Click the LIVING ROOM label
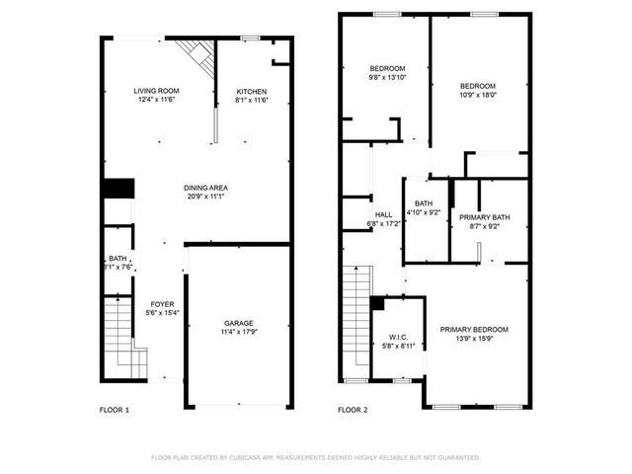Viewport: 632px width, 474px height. (x=155, y=91)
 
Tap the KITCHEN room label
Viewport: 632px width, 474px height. (x=251, y=91)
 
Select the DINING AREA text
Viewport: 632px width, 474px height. (x=206, y=188)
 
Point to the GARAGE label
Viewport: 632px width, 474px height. (x=238, y=323)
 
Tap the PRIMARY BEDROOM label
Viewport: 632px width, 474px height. (x=474, y=329)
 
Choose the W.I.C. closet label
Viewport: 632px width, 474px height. (x=398, y=336)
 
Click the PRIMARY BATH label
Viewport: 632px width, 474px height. (x=487, y=217)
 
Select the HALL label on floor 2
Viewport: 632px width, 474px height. (x=384, y=214)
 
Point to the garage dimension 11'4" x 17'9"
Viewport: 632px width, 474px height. (x=238, y=332)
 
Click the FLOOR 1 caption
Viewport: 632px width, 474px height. (x=115, y=409)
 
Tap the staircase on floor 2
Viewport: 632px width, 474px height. (x=355, y=321)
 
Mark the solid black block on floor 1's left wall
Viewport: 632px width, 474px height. (x=118, y=188)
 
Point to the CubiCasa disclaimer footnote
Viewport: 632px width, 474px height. (x=315, y=457)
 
